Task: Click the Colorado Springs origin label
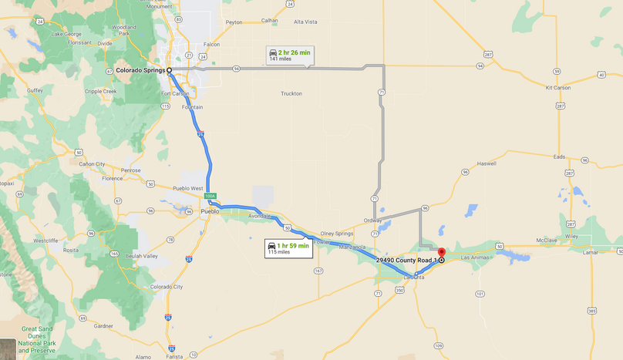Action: point(141,70)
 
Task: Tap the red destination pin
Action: point(441,252)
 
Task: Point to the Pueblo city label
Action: point(210,210)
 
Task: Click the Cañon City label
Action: point(91,164)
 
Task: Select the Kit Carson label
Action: point(557,88)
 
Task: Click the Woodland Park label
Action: point(124,30)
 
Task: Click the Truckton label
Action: point(291,93)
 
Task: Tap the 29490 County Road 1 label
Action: point(406,261)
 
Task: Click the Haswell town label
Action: point(487,163)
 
